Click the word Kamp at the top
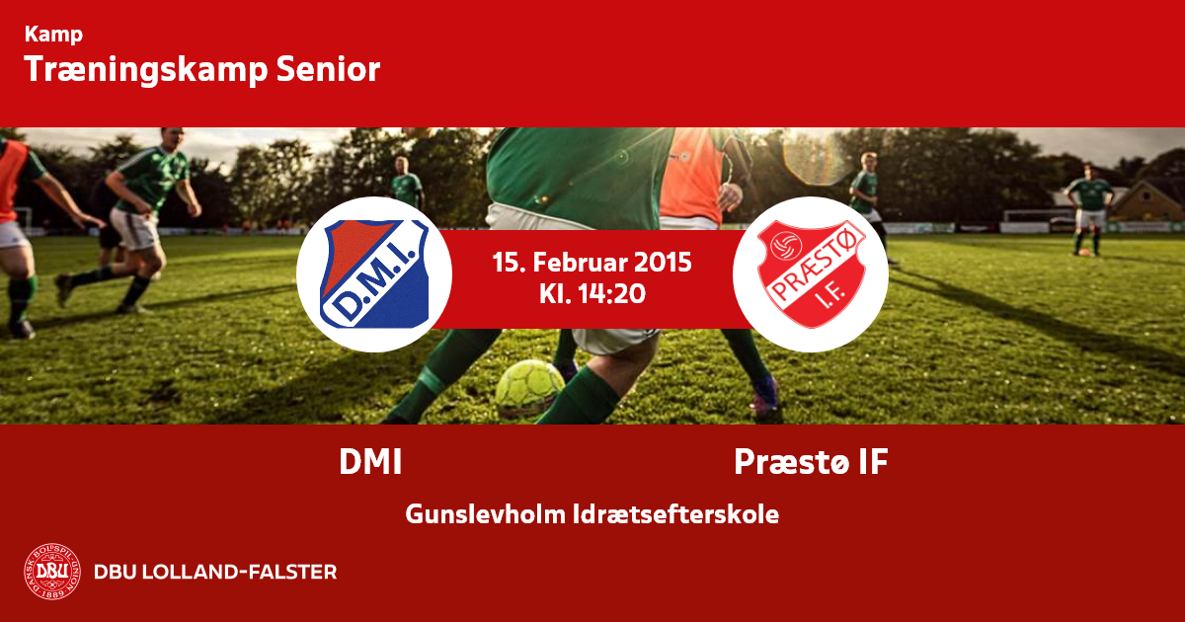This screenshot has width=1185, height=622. tap(53, 35)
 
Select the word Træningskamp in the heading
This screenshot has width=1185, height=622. tap(146, 70)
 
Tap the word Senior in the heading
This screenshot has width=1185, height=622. tap(328, 69)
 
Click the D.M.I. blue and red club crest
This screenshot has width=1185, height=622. tap(374, 274)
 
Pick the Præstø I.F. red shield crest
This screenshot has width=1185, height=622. tap(811, 274)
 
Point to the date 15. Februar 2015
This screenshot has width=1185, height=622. tap(592, 263)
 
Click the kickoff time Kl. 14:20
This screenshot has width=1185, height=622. tap(592, 293)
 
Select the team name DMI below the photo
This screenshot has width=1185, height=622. tap(370, 462)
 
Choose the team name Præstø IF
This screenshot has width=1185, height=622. tap(811, 462)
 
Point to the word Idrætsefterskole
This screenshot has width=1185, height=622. tap(676, 514)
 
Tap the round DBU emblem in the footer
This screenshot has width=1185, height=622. tap(52, 572)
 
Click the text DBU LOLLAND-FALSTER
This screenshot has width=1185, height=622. tap(215, 572)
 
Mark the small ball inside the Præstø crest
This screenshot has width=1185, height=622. tap(786, 246)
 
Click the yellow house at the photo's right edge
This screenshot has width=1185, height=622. tap(1147, 201)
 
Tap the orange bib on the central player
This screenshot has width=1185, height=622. tap(690, 175)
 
